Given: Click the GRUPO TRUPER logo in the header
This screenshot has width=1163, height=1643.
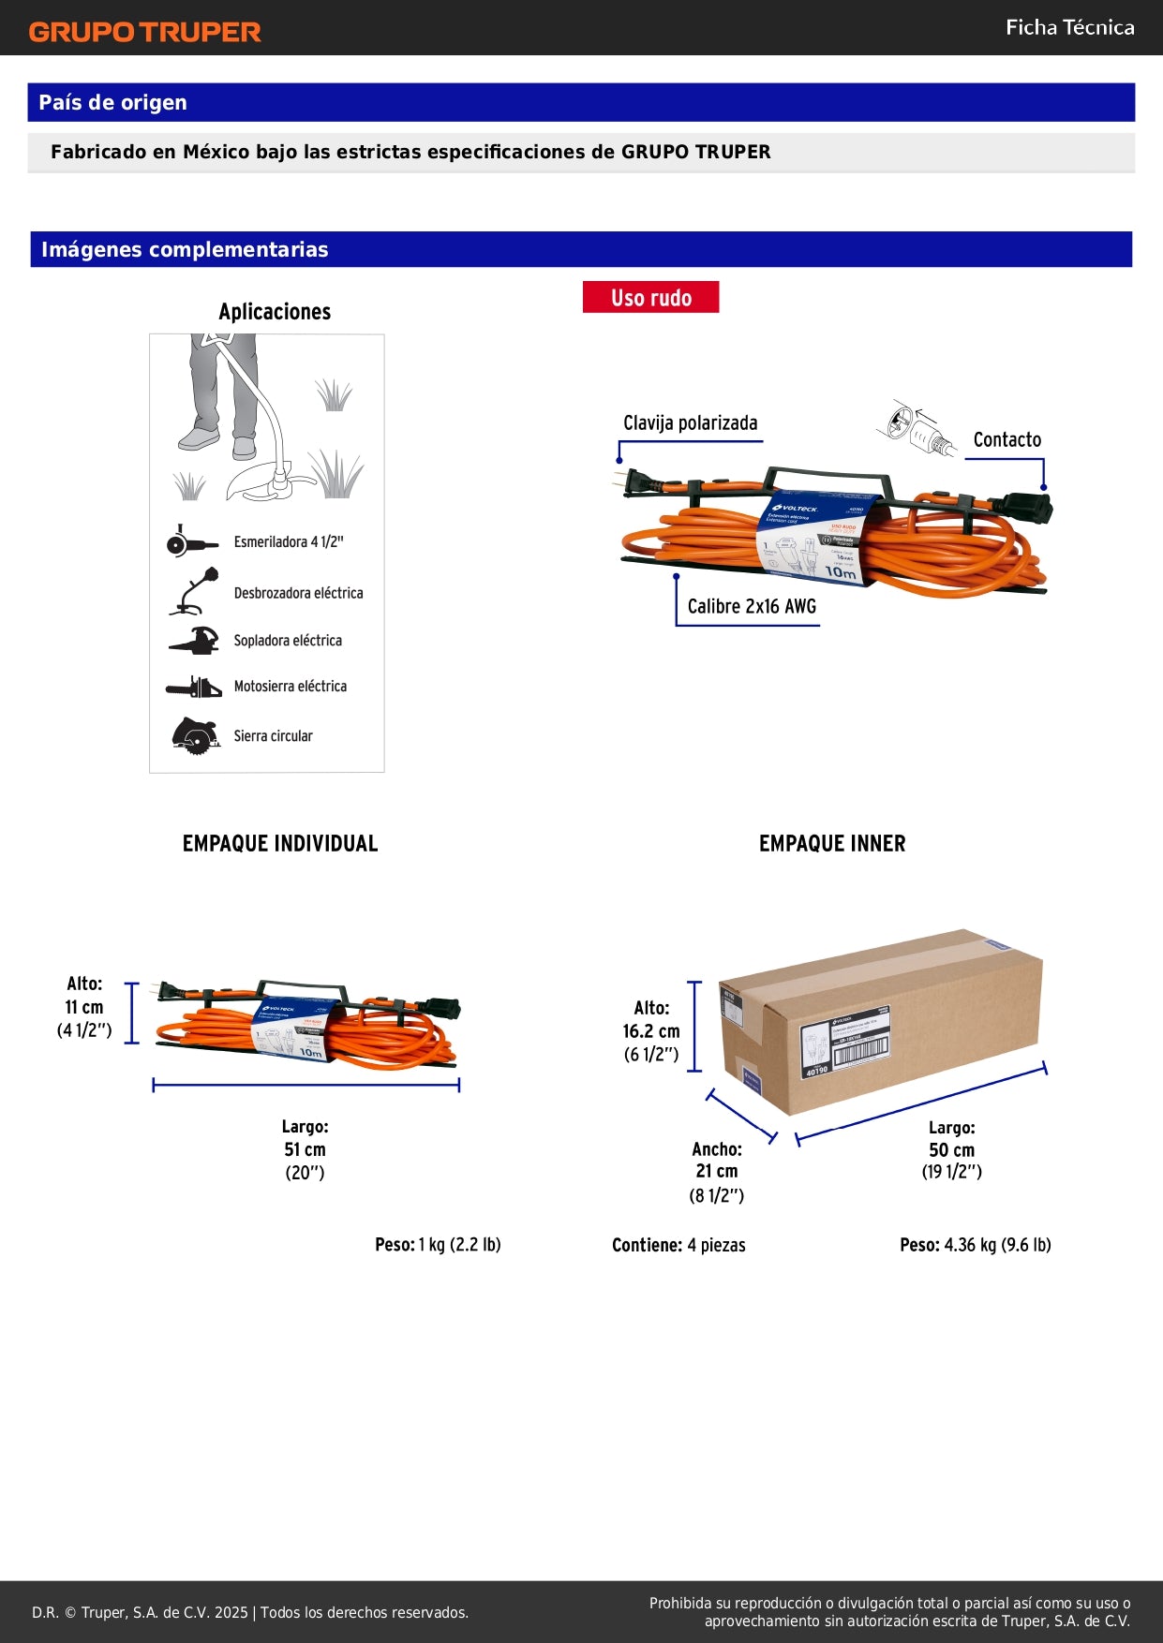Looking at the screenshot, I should pos(144,32).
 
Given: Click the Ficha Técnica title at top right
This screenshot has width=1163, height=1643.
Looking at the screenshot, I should pos(1069,27).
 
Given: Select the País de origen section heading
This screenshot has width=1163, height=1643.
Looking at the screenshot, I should pos(112,102).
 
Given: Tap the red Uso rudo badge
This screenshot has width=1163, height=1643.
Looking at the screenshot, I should pos(650,297).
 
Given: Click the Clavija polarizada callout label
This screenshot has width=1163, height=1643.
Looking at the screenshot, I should pos(690,422).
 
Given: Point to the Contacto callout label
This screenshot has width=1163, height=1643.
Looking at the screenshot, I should pos(1006,439).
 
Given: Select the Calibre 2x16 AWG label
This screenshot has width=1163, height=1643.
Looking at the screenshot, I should pos(752,606).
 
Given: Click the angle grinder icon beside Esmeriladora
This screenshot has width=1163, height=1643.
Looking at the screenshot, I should pos(190,541).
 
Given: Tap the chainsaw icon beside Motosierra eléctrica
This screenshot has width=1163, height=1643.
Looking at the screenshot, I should pos(194,688).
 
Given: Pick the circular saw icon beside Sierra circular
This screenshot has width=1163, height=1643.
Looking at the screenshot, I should pos(195,735).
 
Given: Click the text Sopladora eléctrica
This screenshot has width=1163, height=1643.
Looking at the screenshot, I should pos(288,641).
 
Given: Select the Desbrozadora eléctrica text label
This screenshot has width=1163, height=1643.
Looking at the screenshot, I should pos(298,593).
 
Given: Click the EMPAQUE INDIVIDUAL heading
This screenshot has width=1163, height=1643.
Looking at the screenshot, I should pos(280,843).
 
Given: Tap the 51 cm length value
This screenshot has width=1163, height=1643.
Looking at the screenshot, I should pos(305,1149).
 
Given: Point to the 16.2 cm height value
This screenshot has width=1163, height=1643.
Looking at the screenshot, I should pos(651,1031).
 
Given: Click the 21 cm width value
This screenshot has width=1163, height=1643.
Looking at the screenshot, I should pos(716,1171).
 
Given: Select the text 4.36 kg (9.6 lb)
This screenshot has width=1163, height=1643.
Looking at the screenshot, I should pos(997,1245).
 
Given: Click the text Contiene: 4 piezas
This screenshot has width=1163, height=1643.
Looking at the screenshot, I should pos(678,1245).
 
